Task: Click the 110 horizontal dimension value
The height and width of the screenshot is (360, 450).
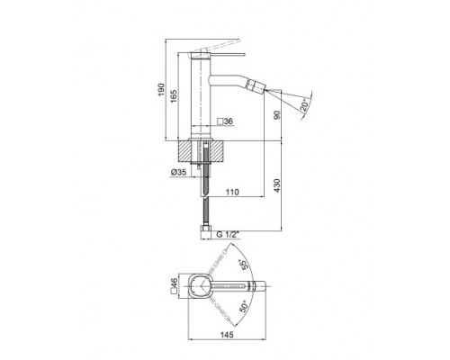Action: pos(231,192)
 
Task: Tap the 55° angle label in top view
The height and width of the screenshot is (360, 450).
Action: pos(242,266)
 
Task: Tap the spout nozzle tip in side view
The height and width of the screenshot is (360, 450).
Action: pos(267,91)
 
